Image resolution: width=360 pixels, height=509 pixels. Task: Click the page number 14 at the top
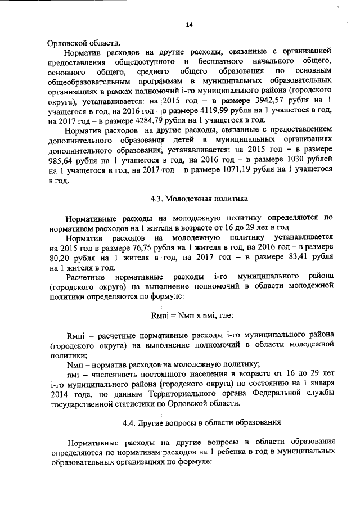(190, 25)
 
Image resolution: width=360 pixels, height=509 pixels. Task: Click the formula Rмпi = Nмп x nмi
(184, 314)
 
